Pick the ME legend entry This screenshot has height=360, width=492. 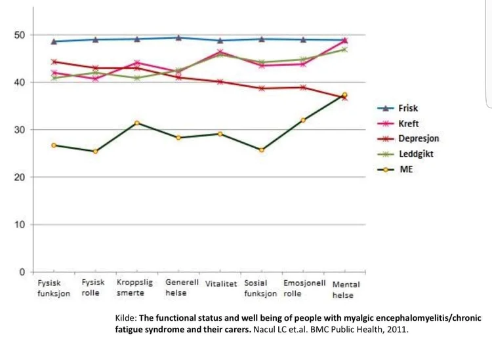406,169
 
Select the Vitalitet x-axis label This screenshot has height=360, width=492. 221,285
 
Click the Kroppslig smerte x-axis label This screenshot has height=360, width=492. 136,289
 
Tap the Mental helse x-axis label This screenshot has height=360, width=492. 346,290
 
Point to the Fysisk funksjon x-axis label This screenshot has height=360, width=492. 53,289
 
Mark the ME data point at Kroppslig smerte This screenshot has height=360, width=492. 136,123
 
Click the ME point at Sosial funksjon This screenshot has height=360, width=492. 262,150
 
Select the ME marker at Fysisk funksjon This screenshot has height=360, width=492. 54,145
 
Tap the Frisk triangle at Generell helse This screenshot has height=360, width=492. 179,37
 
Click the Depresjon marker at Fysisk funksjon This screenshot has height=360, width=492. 54,62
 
